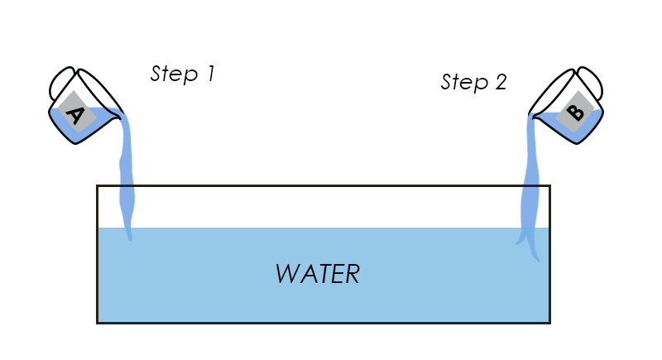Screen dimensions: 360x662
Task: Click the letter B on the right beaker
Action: point(576,112)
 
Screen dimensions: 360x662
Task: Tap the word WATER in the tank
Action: point(318,274)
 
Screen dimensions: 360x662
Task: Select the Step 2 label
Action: point(473,82)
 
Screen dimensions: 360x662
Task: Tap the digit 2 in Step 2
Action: point(499,81)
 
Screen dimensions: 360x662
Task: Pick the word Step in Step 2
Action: point(461,82)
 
